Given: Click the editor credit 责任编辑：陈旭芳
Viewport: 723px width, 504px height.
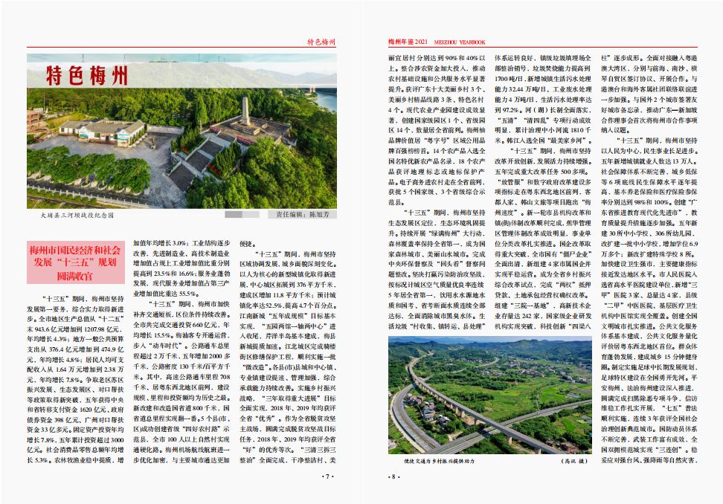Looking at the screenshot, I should pyautogui.click(x=306, y=215).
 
